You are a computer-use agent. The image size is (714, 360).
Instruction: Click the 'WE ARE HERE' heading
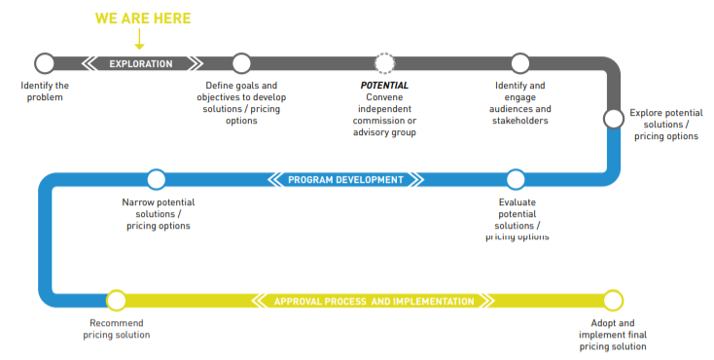(x=142, y=18)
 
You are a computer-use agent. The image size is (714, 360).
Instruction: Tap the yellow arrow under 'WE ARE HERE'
(x=140, y=40)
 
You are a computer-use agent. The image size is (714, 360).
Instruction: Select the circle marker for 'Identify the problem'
(x=45, y=63)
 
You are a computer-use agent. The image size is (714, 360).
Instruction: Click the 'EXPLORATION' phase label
(x=140, y=64)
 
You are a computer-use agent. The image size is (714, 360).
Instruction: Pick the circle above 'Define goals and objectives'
(x=241, y=63)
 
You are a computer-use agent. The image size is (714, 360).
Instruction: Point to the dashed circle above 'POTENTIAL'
(x=385, y=63)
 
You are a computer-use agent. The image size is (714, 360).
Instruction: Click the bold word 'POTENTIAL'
(x=385, y=86)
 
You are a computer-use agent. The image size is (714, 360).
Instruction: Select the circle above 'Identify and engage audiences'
(x=520, y=63)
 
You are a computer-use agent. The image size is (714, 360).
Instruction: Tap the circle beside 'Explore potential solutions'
(x=613, y=118)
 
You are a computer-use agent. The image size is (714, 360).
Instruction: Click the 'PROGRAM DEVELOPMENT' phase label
(x=345, y=179)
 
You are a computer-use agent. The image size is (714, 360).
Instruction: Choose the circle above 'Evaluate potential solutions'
(x=516, y=179)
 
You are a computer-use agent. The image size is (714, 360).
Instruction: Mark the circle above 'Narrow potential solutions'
(x=156, y=179)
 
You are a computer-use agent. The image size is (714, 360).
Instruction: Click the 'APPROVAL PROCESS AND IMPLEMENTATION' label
(x=374, y=302)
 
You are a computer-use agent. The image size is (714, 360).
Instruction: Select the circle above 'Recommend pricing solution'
(x=117, y=301)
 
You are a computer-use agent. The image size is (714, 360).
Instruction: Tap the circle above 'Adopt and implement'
(x=613, y=301)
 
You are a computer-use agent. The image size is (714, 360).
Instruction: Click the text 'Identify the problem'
(x=46, y=91)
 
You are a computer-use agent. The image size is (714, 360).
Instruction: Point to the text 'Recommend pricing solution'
(x=117, y=329)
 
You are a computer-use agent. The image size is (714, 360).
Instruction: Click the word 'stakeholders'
(x=520, y=121)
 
